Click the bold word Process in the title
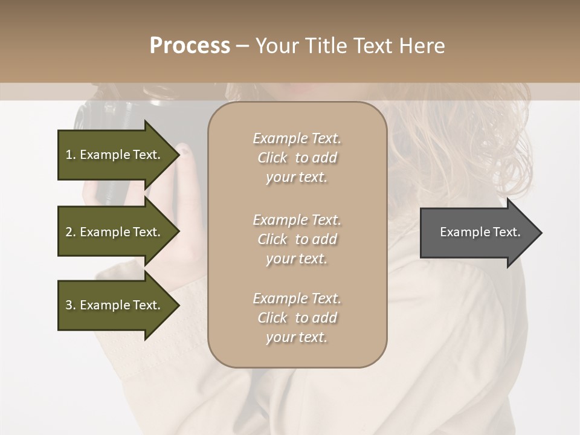(190, 45)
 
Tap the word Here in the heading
(422, 45)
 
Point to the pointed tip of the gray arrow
(541, 233)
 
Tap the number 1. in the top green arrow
(71, 155)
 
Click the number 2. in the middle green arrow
(71, 232)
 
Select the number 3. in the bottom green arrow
(71, 305)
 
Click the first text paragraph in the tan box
(297, 158)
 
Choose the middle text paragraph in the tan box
(297, 239)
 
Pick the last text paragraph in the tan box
(297, 318)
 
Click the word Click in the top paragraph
(272, 158)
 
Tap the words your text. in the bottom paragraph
(297, 337)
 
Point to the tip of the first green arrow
(178, 155)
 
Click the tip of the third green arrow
(178, 305)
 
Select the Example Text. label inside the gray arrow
(480, 232)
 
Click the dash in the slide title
(243, 46)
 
